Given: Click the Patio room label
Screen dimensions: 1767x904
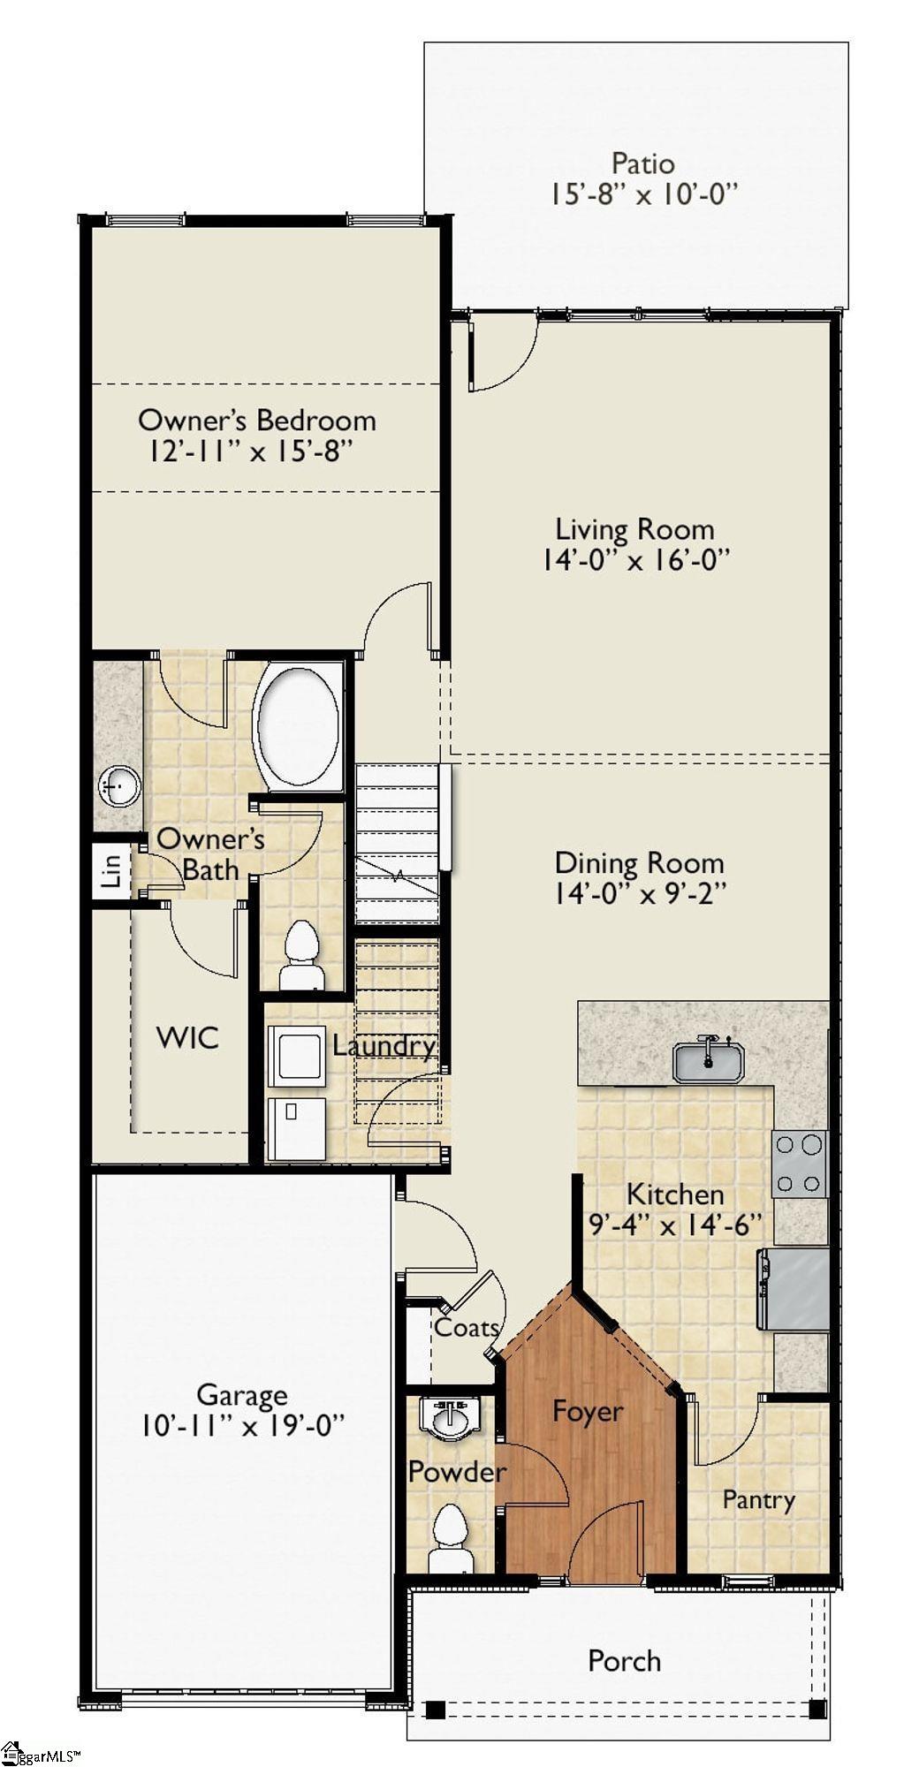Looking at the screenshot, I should coord(642,163).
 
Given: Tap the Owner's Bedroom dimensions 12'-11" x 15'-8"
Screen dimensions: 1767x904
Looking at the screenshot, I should coord(252,451).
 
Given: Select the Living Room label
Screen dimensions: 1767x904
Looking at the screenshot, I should coord(634,529).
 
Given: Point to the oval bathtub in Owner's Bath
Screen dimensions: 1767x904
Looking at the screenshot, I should coord(297,727).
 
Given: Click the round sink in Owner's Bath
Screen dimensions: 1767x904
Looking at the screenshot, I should coord(118,785).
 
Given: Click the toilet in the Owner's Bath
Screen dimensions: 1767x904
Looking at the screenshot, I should coord(301,955).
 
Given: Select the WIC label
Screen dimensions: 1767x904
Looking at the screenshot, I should coord(187,1037).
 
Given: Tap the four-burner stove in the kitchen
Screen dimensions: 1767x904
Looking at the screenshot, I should coord(800,1164).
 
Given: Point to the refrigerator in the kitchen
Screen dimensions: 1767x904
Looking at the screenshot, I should coord(794,1288).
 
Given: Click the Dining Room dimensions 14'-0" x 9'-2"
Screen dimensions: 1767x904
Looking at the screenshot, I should coord(639,894).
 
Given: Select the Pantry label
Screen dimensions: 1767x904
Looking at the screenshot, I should coord(758,1499).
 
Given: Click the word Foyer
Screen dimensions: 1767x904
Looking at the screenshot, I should coord(588,1411).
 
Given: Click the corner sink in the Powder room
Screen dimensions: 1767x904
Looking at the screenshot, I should coord(452,1416).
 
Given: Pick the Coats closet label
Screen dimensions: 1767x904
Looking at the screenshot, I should coord(467,1327).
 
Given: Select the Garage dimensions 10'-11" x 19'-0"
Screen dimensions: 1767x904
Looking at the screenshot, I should coord(241,1425).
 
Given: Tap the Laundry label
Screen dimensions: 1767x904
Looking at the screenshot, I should coord(384,1046).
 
